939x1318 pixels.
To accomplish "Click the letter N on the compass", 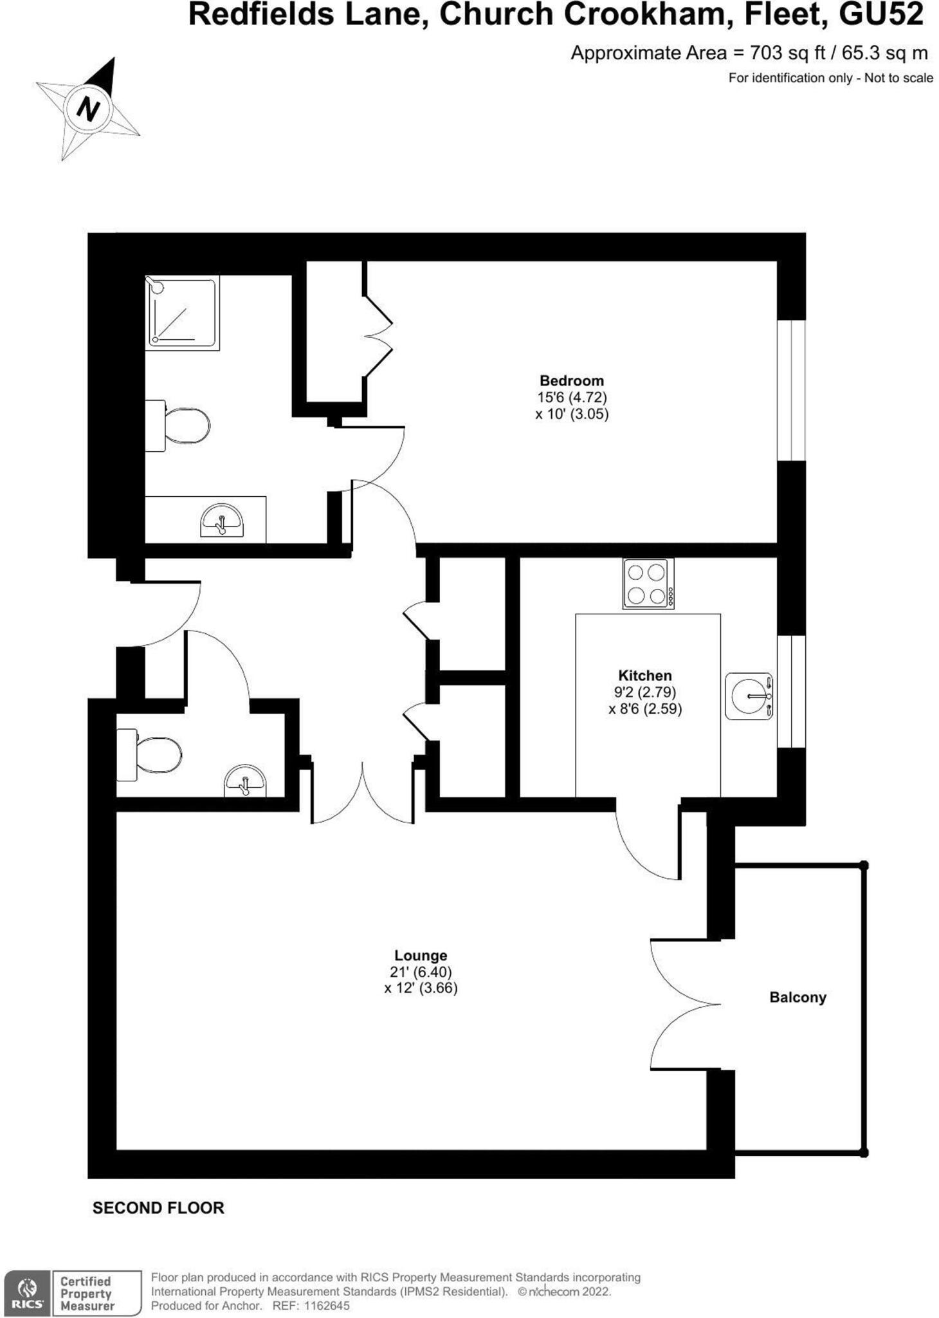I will (88, 107).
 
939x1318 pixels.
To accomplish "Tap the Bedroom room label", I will (571, 380).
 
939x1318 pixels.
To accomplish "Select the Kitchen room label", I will (644, 675).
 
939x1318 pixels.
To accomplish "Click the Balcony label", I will (798, 997).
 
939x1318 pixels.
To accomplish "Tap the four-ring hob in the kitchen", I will (648, 584).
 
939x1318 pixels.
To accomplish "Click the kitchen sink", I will (749, 696).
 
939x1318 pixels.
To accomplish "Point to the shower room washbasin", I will (221, 520).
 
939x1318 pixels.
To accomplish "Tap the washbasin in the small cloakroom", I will (245, 780).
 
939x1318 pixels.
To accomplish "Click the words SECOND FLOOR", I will (158, 1208).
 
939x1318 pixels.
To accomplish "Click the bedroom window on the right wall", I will (791, 390).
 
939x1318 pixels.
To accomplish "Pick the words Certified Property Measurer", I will (87, 1294).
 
